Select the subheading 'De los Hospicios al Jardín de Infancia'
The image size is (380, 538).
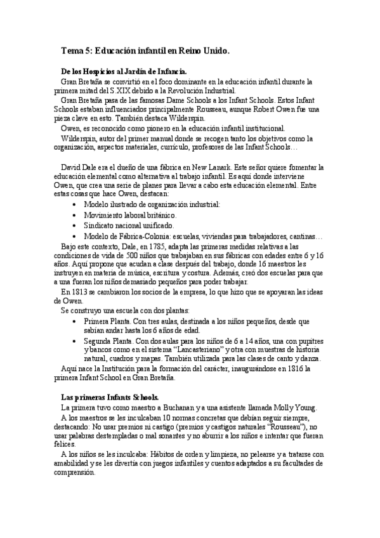(x=124, y=72)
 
